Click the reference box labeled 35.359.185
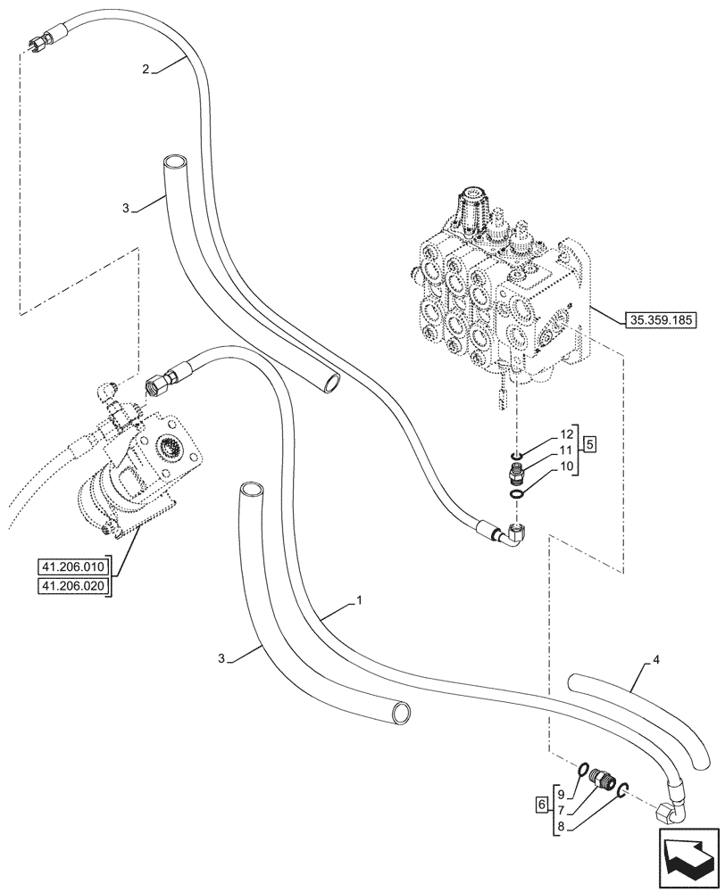662,318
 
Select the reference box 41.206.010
71,566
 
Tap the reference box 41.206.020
71,585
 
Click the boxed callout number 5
590,442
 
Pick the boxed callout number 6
542,804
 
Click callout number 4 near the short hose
656,661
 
